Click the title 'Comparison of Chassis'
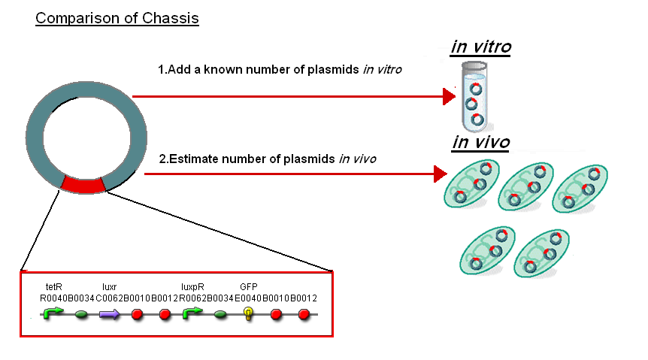coord(117,18)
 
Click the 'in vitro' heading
coord(481,47)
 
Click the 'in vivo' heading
coord(481,142)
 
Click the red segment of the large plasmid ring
coord(84,185)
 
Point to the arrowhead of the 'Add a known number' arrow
coord(450,96)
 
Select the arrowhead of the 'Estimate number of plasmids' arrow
coord(440,174)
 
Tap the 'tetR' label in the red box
coord(53,286)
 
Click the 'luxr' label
coord(110,286)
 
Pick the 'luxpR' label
coord(193,286)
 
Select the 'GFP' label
coord(248,286)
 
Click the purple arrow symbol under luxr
coord(110,314)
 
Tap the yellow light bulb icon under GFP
coord(248,314)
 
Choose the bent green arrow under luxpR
coord(193,313)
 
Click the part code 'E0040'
coord(248,298)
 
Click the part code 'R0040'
coord(53,298)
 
